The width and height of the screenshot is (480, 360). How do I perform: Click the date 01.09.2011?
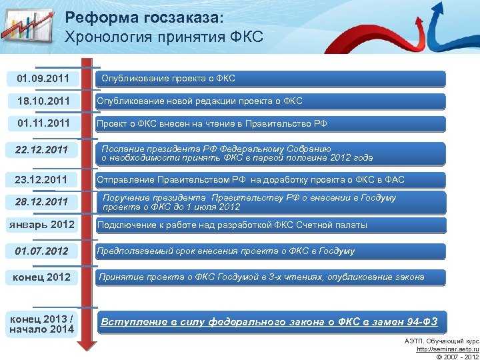43,79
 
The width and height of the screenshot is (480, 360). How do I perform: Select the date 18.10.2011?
43,101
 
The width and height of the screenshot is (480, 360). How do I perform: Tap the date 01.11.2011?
43,123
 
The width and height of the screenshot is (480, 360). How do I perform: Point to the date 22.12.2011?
43,150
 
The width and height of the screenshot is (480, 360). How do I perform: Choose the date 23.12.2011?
43,179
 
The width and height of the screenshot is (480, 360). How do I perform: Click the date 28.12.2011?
43,201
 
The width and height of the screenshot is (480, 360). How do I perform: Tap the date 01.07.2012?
43,251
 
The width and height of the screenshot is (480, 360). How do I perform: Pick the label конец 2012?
43,277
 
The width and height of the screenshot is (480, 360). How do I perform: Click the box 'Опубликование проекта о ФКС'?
270,79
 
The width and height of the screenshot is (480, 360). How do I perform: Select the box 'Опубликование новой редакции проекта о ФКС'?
270,101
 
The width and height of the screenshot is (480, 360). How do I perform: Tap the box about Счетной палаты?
270,225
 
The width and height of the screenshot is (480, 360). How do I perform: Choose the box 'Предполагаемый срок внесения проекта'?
270,251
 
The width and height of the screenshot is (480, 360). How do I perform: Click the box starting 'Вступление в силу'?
270,323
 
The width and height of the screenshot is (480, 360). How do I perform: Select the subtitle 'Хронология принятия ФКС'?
164,37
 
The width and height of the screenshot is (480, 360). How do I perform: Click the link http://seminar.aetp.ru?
447,349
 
